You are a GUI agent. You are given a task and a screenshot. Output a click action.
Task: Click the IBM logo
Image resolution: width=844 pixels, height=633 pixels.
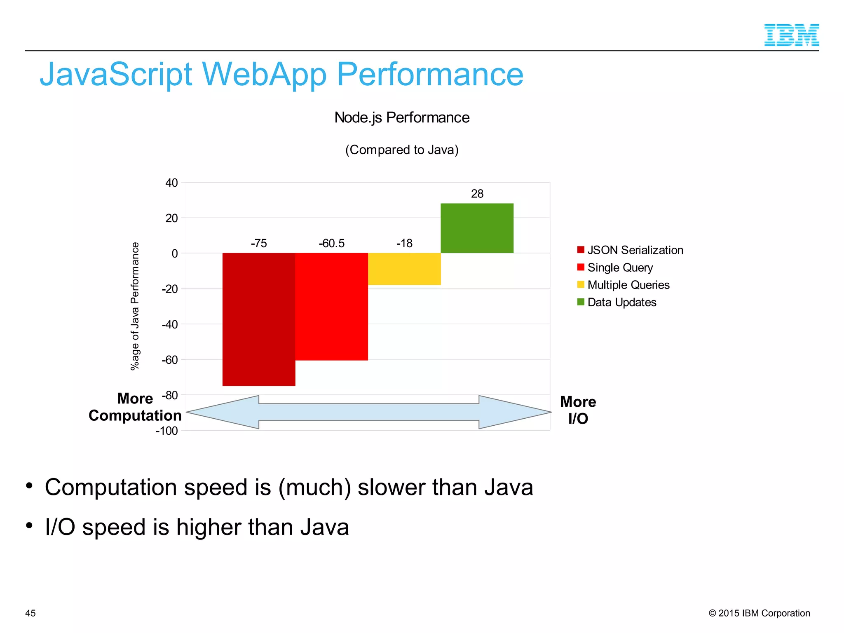point(791,35)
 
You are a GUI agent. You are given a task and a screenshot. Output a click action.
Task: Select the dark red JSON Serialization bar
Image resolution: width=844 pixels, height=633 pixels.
point(259,319)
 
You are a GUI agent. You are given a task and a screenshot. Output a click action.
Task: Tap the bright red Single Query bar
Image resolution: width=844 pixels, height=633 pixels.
point(332,307)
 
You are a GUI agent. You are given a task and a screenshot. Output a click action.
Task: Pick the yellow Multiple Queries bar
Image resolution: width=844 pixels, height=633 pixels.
point(404,269)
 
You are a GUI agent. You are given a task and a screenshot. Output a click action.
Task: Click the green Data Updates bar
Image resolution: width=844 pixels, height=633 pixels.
point(477,228)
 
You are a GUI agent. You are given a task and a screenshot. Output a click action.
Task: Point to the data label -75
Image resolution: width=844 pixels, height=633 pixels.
point(259,243)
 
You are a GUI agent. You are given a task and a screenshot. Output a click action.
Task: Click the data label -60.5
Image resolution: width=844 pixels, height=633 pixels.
point(332,243)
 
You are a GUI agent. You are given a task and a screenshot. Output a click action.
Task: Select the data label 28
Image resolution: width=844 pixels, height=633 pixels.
point(477,194)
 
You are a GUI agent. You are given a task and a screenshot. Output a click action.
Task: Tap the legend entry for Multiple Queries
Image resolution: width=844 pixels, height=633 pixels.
point(628,285)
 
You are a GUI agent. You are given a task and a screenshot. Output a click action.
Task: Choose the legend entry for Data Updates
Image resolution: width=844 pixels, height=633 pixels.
point(621,302)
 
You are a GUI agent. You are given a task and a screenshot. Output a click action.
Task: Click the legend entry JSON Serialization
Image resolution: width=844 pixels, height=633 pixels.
point(635,250)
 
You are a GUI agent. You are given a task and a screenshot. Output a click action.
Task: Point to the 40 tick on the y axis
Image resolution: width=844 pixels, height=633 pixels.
point(172,183)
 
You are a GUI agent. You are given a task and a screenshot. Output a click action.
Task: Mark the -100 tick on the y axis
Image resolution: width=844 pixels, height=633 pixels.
point(167,431)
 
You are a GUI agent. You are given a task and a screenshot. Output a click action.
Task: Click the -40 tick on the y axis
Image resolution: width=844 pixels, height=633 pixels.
point(170,324)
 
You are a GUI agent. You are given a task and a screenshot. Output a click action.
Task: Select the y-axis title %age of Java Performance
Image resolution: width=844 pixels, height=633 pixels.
point(135,306)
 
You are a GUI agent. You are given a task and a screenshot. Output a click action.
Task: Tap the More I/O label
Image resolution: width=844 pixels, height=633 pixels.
point(578,410)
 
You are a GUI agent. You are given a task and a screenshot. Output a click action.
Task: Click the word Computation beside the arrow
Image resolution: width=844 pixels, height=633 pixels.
point(135,415)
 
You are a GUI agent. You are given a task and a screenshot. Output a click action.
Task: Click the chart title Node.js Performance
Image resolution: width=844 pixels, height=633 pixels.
point(402,118)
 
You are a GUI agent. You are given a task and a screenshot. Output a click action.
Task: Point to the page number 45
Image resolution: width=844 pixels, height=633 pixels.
point(30,613)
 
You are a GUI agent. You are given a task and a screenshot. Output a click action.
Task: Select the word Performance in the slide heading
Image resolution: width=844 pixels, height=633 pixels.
point(430,75)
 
